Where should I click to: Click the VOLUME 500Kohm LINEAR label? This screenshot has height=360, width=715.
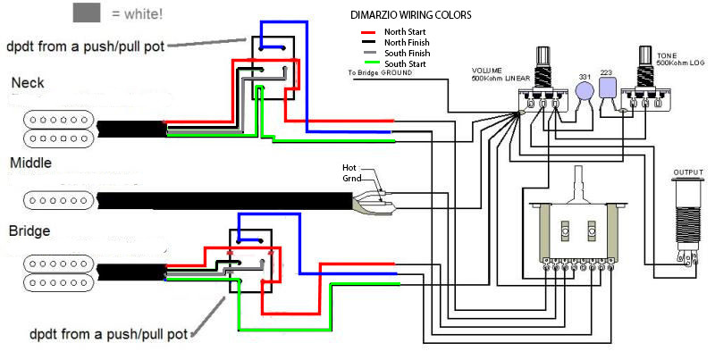click(x=502, y=74)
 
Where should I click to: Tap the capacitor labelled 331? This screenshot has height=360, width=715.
click(x=585, y=89)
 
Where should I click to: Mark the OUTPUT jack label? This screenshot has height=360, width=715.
click(x=689, y=172)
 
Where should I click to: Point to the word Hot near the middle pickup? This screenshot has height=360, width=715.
click(x=349, y=167)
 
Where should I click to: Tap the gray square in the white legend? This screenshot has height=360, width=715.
click(x=87, y=13)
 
